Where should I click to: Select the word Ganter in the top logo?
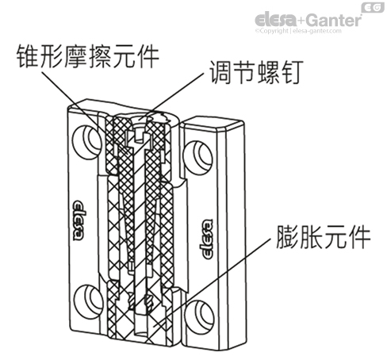[334, 17]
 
